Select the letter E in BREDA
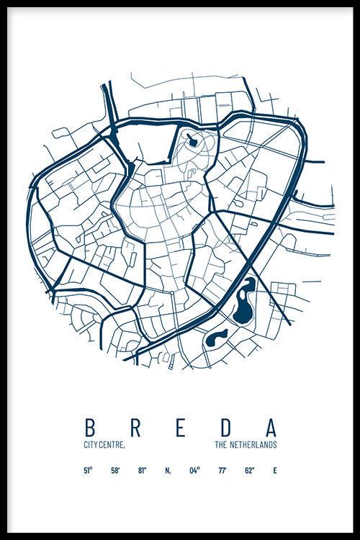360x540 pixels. [181, 427]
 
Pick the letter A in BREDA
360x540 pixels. [271, 427]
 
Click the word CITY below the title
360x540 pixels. [91, 446]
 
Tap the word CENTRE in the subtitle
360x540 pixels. [113, 446]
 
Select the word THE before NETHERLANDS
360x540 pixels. [220, 446]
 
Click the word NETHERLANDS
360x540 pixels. [252, 446]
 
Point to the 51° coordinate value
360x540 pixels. [88, 471]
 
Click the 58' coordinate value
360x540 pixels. [115, 471]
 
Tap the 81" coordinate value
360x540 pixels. [143, 471]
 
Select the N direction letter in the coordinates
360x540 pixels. [168, 471]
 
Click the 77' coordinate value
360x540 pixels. [222, 471]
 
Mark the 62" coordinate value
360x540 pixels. [248, 471]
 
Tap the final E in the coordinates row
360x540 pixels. [274, 471]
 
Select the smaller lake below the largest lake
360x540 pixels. [215, 338]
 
